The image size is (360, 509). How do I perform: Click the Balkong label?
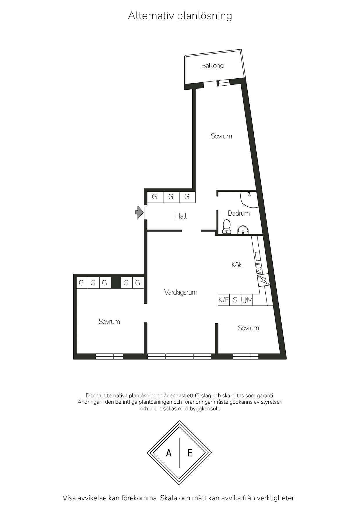coord(213,66)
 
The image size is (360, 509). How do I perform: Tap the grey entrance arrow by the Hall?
coord(140,212)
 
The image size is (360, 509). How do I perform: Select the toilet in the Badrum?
coord(226,227)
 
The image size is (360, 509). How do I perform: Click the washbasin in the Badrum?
coord(243,230)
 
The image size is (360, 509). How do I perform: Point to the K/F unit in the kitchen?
coord(224,300)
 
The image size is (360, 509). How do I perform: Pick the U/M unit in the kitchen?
coord(247,300)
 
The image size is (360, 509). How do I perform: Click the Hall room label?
coord(181,216)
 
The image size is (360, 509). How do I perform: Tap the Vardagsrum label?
coord(181,292)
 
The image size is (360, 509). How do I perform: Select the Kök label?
coord(237,265)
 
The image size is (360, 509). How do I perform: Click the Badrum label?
coord(239,213)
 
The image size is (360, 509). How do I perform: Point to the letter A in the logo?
coord(169,453)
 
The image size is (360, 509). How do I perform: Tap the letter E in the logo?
coord(190,453)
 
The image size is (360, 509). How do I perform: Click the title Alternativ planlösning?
coord(180,16)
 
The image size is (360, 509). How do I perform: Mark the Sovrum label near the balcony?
coord(221,136)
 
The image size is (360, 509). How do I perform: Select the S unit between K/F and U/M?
coord(235,300)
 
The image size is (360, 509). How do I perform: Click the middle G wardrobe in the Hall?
coord(171,197)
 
